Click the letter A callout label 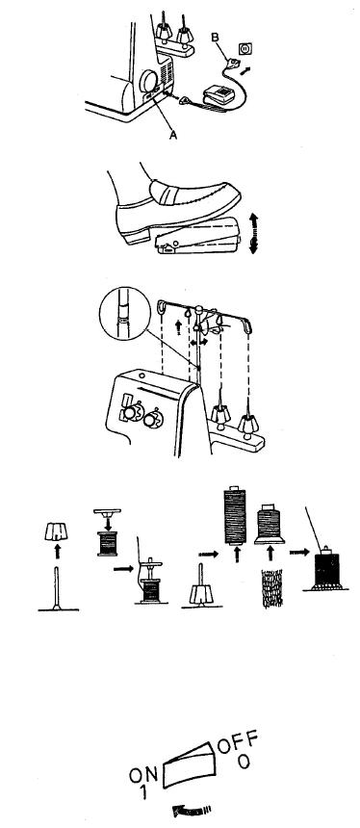tap(172, 136)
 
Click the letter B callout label tap(214, 38)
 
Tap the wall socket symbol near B tap(244, 49)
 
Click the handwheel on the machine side tap(148, 81)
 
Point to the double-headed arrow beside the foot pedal tap(253, 232)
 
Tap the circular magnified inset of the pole tap(123, 315)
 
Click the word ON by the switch tap(143, 775)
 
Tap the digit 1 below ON tap(142, 791)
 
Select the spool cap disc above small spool tap(107, 511)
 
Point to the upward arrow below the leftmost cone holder tap(58, 551)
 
